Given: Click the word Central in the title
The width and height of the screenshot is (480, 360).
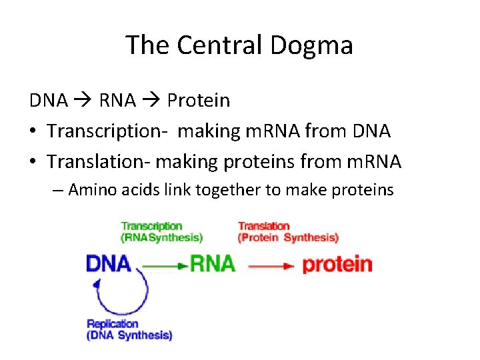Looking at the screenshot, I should (x=211, y=45).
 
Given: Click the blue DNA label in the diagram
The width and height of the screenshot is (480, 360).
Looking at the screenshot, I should (x=109, y=263).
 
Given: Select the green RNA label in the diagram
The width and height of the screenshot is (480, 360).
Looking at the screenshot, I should (x=212, y=263).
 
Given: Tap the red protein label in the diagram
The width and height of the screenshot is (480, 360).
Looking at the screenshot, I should (x=337, y=264).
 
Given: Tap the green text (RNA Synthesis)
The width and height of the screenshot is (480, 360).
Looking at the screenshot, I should (x=162, y=237).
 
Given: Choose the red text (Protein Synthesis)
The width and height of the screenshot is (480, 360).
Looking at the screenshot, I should (x=288, y=237).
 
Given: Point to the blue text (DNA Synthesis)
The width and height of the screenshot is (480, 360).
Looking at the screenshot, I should (x=129, y=335).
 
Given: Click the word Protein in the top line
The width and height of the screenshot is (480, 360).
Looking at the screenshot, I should (x=199, y=101).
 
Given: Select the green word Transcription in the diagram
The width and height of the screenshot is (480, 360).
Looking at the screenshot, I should (x=151, y=227).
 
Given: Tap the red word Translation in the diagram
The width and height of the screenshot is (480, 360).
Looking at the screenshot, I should (x=264, y=227).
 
